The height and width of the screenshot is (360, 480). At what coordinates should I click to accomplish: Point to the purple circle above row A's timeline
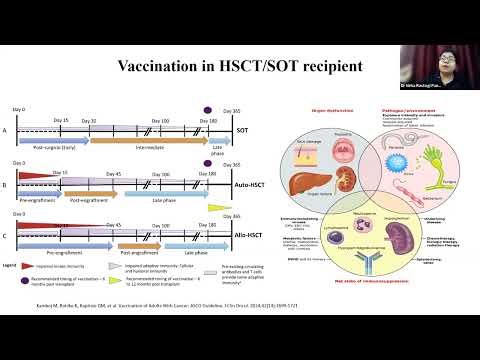(208, 109)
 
